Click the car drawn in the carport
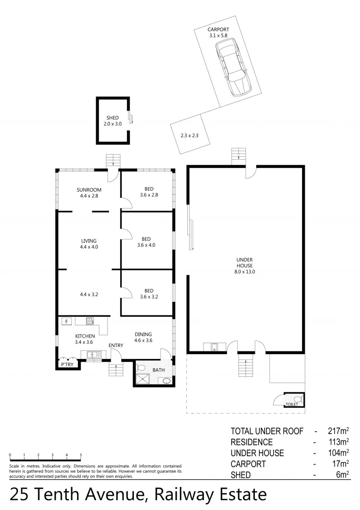pos(234,67)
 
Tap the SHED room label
pos(113,118)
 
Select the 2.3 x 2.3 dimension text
pos(189,136)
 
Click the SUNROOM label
pos(90,190)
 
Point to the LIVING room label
pos(89,241)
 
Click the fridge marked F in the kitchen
pos(67,321)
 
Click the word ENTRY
pos(116,345)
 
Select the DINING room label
pos(143,334)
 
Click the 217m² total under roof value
pos(338,431)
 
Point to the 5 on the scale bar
pos(81,455)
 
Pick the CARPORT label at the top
pos(218,29)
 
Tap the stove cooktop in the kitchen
pos(90,321)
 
